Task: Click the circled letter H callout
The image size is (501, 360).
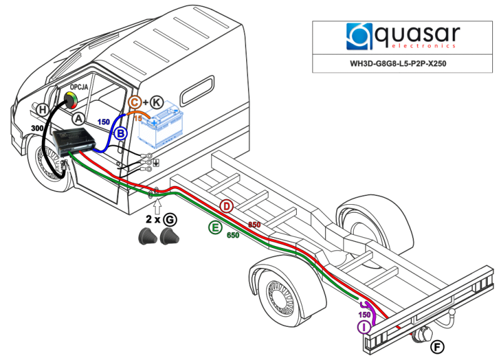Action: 43,110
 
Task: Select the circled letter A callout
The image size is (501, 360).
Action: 78,117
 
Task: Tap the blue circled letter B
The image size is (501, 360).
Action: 121,133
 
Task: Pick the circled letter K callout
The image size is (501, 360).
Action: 157,102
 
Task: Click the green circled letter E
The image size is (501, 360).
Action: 215,227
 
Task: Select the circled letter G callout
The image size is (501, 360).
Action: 170,219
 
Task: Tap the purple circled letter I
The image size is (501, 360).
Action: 364,326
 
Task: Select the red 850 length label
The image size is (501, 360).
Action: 254,224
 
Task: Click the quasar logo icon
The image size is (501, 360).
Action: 359,37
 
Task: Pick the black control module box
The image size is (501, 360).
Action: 74,141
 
